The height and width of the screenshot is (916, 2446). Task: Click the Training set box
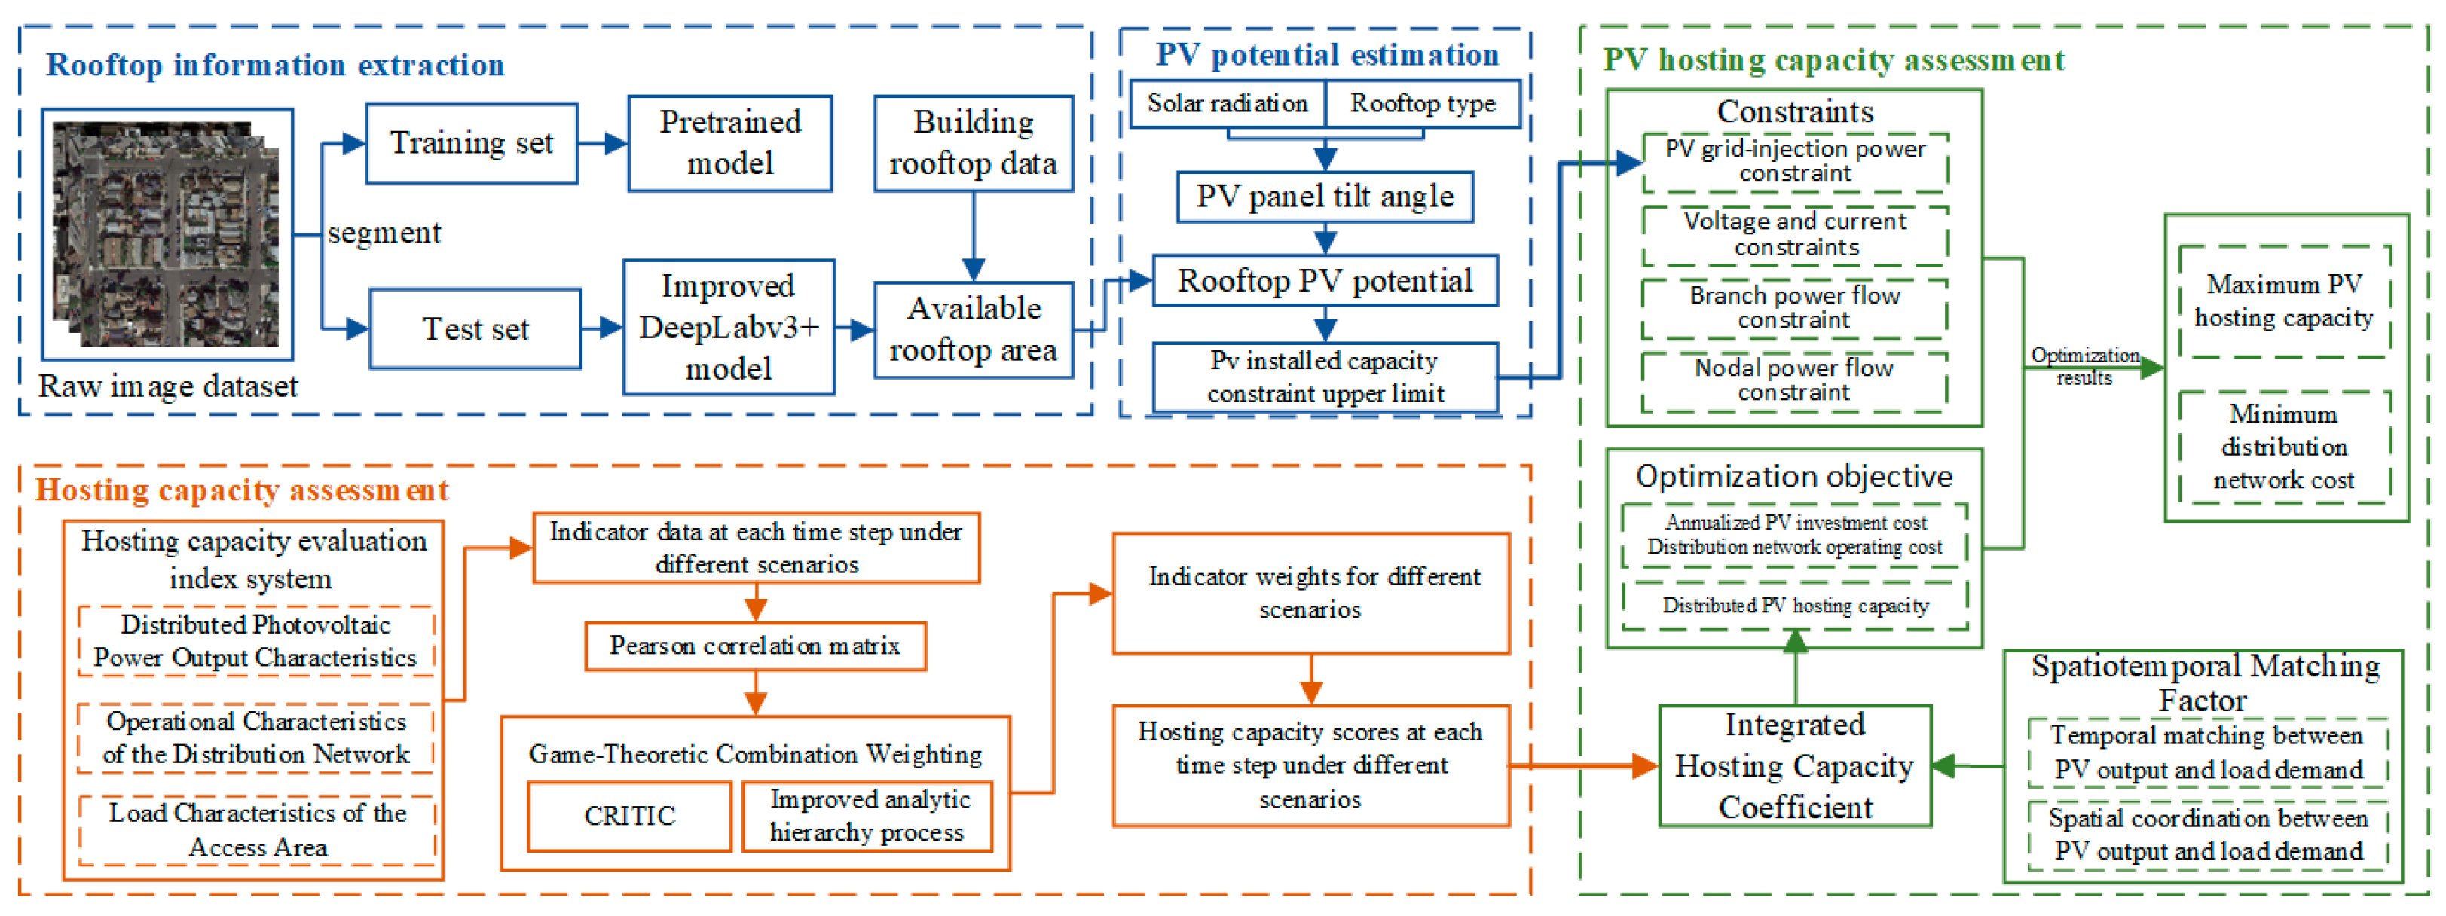pos(471,143)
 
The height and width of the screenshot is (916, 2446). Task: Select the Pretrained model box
pos(729,143)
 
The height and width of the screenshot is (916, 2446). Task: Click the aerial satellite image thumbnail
pos(167,234)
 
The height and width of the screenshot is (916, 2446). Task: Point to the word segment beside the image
pos(384,233)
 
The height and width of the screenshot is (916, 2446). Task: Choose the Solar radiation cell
pos(1227,103)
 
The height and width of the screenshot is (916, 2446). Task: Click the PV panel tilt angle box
pos(1325,197)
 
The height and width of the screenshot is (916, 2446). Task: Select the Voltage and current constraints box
pos(1795,234)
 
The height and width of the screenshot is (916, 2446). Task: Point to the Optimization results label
pos(2084,365)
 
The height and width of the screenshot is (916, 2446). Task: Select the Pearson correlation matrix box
pos(755,646)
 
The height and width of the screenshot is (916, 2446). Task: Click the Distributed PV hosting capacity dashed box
pos(1795,606)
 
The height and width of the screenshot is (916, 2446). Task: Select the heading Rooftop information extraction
pos(275,66)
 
